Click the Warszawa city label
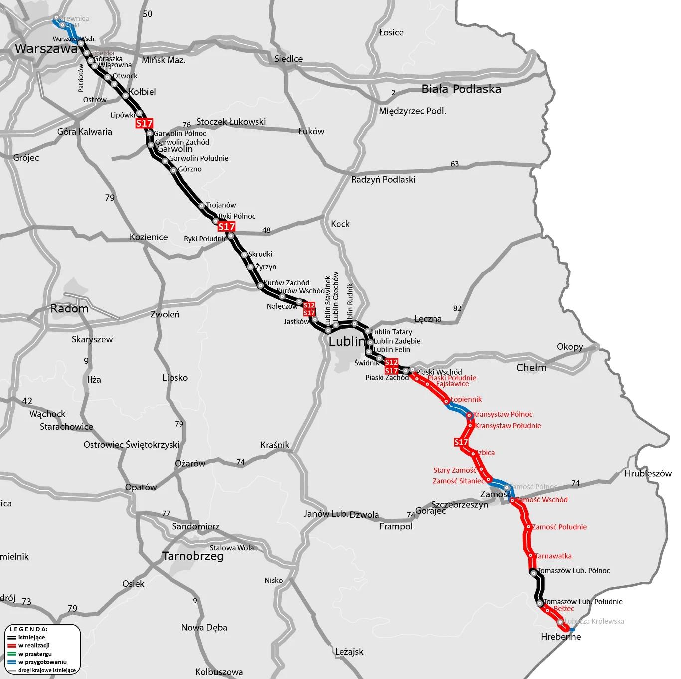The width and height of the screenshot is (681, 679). (46, 49)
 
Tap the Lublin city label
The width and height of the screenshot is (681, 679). (346, 342)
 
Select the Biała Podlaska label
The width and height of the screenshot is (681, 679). (461, 89)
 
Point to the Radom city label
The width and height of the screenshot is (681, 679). (69, 309)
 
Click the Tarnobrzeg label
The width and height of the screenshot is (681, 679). (193, 556)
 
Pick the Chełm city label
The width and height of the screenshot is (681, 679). (531, 368)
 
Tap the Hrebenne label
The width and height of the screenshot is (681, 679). (561, 637)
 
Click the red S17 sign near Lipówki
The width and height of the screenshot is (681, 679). (144, 123)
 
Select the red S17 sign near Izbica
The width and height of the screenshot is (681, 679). (461, 442)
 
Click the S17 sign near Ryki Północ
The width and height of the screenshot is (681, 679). (226, 227)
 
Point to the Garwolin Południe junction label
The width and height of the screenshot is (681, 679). (198, 158)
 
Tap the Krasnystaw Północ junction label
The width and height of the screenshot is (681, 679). (503, 414)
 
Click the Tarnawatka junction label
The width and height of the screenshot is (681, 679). (553, 556)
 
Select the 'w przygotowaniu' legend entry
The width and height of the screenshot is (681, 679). (42, 662)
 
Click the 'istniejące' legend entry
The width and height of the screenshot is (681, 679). (31, 638)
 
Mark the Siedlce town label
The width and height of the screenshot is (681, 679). (288, 59)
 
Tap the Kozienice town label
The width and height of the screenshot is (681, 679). (149, 237)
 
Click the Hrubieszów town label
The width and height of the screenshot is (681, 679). (648, 474)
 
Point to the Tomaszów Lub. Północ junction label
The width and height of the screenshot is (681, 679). (573, 571)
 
